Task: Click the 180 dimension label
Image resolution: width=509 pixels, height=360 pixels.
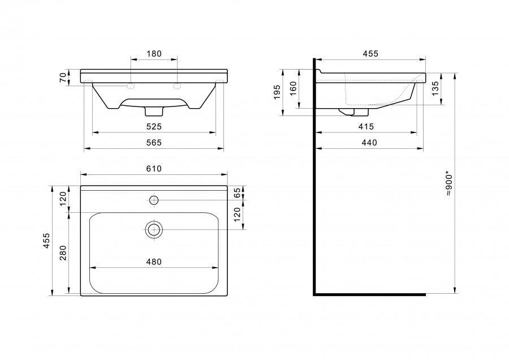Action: click(x=154, y=54)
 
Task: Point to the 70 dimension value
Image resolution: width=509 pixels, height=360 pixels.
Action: click(x=63, y=78)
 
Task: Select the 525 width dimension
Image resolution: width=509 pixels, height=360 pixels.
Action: click(x=154, y=126)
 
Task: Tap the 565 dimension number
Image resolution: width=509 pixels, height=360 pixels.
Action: click(x=154, y=143)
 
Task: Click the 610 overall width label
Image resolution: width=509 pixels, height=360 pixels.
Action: click(x=154, y=169)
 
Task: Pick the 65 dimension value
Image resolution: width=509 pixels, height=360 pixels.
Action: click(x=238, y=192)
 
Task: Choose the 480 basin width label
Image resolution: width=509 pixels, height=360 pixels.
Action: click(x=154, y=262)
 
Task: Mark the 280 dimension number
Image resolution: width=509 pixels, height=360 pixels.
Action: click(x=63, y=253)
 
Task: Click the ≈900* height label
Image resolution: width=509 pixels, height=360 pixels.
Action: click(x=449, y=183)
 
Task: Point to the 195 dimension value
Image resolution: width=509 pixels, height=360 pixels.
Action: click(x=277, y=92)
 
